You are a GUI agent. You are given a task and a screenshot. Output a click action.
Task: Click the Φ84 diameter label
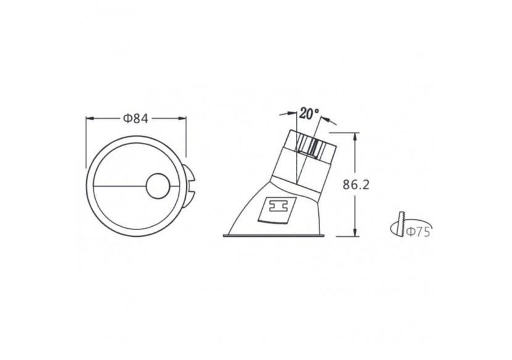pos(136,119)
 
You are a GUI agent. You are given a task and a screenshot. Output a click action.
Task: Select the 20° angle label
pos(309,114)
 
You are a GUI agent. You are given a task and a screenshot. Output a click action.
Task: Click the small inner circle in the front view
pos(157,186)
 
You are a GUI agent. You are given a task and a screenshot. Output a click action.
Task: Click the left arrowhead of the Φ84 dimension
pos(88,119)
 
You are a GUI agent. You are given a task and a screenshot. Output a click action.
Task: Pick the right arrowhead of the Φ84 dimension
pos(183,119)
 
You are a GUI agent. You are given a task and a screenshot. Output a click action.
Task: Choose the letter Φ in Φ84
pos(126,119)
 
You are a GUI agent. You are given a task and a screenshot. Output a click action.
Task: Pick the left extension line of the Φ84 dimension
pos(85,142)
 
